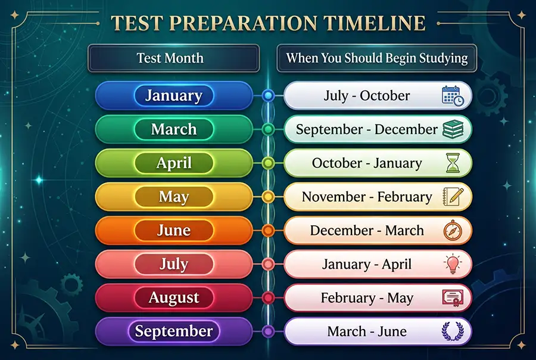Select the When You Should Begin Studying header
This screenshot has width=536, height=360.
376,58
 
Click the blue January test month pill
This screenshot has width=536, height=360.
173,95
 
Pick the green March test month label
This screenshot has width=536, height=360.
173,129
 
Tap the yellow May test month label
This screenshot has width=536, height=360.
173,197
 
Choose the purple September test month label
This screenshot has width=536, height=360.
173,331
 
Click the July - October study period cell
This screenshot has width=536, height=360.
367,95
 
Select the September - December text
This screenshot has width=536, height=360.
366,129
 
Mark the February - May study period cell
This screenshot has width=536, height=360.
367,298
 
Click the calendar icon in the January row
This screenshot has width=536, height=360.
453,96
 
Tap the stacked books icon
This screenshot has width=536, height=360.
453,130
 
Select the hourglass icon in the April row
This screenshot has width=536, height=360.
453,163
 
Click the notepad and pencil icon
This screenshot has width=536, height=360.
453,197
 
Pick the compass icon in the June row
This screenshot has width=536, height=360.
453,231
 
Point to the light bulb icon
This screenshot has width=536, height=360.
453,264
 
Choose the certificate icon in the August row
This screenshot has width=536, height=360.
453,298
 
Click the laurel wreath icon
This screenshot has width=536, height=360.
453,331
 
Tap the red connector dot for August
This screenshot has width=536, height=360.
269,298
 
